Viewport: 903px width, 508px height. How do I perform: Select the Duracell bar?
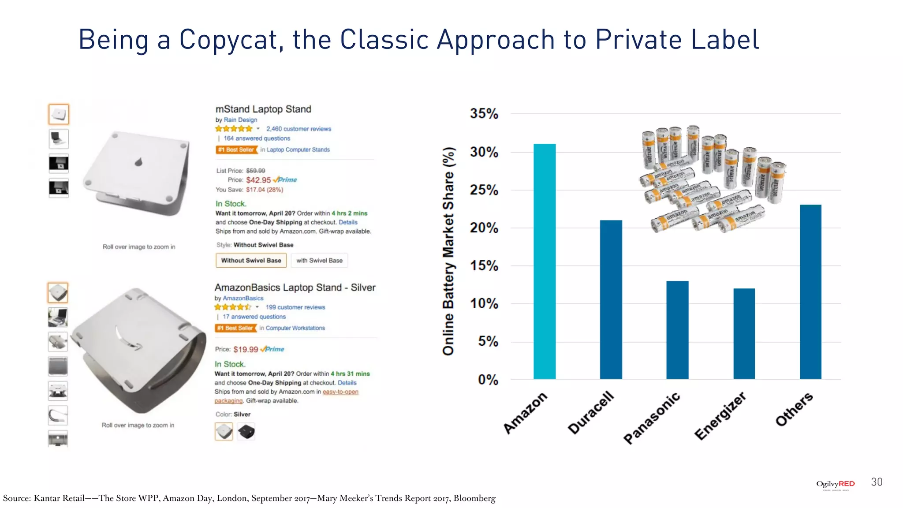[x=611, y=299]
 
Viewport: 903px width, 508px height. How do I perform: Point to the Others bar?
[x=810, y=291]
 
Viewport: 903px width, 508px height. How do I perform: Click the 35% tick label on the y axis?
[x=484, y=114]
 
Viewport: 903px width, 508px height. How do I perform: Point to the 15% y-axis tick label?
[x=484, y=266]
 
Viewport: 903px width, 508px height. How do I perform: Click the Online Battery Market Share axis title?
[x=448, y=251]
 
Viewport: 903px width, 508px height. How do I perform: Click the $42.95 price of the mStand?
[x=258, y=180]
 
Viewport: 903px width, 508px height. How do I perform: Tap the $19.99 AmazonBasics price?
[x=246, y=349]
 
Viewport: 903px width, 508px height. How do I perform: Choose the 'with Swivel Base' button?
[x=319, y=261]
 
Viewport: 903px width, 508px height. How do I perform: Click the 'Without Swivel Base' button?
[x=251, y=261]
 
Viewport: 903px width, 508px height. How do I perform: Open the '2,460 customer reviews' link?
[x=299, y=129]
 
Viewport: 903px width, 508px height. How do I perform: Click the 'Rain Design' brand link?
[x=240, y=120]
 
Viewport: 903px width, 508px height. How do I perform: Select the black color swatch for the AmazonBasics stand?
[x=246, y=431]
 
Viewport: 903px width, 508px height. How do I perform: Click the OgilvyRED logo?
[x=835, y=484]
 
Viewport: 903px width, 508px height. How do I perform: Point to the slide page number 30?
[x=877, y=482]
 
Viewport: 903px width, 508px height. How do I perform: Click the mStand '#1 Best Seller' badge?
[x=236, y=150]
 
